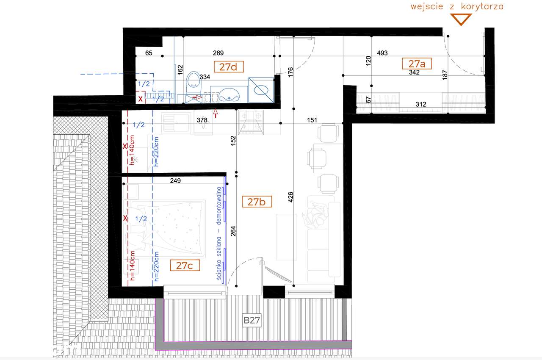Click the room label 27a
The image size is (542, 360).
pyautogui.click(x=417, y=64)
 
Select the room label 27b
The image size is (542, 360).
pyautogui.click(x=257, y=202)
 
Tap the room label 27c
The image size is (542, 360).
pyautogui.click(x=185, y=266)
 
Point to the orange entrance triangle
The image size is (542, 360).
pyautogui.click(x=460, y=19)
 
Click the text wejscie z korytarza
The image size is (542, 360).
pyautogui.click(x=457, y=6)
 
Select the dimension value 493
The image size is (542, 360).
pyautogui.click(x=382, y=53)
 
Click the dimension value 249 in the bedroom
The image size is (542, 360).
pyautogui.click(x=175, y=181)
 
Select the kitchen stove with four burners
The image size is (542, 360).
pyautogui.click(x=252, y=122)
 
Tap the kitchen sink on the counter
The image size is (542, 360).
pyautogui.click(x=173, y=123)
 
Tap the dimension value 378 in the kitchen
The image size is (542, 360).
pyautogui.click(x=202, y=120)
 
